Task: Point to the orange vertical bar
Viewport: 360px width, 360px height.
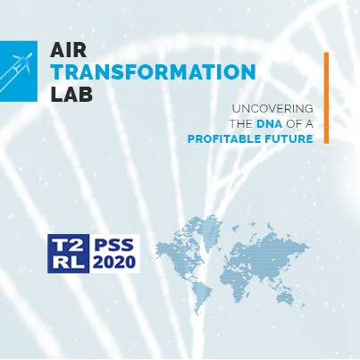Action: pyautogui.click(x=326, y=97)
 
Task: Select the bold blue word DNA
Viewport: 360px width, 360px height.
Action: pyautogui.click(x=267, y=123)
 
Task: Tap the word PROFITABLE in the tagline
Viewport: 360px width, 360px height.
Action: pyautogui.click(x=222, y=138)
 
